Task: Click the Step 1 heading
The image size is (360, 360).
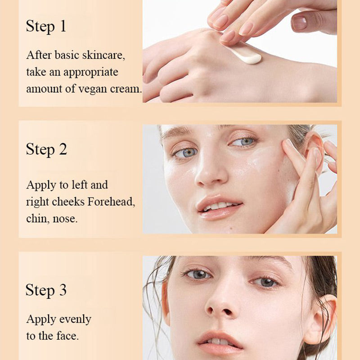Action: (x=46, y=26)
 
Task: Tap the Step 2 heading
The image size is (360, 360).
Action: (x=46, y=149)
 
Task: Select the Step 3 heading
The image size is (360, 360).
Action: (x=46, y=290)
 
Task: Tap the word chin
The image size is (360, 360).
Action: (x=37, y=219)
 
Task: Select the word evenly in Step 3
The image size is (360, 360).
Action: (x=74, y=319)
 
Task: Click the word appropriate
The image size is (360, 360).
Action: (x=90, y=72)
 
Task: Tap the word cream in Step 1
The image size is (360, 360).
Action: (x=126, y=89)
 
